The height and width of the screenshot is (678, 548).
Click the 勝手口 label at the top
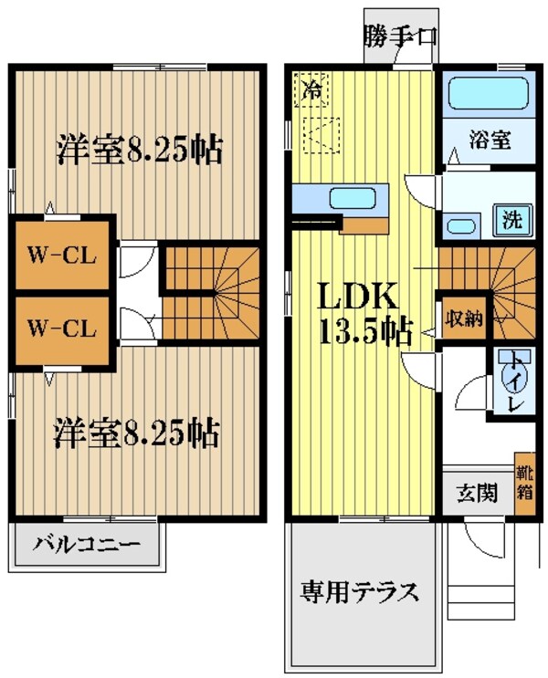click(x=399, y=37)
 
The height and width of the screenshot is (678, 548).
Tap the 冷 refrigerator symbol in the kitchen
click(x=313, y=89)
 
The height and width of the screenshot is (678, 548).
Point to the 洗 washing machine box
click(x=512, y=219)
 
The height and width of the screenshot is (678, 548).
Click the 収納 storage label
click(x=462, y=318)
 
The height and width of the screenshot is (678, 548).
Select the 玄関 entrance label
click(x=476, y=494)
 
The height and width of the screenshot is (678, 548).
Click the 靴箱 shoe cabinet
click(x=524, y=485)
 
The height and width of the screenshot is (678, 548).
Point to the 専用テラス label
click(x=361, y=592)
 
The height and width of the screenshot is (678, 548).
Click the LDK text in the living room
click(x=357, y=296)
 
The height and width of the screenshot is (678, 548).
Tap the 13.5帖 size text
click(x=364, y=330)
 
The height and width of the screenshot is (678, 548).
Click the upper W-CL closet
click(x=61, y=254)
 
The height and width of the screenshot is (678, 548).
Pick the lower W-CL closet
click(x=61, y=327)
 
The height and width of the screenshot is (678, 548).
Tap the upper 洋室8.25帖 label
click(x=140, y=149)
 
